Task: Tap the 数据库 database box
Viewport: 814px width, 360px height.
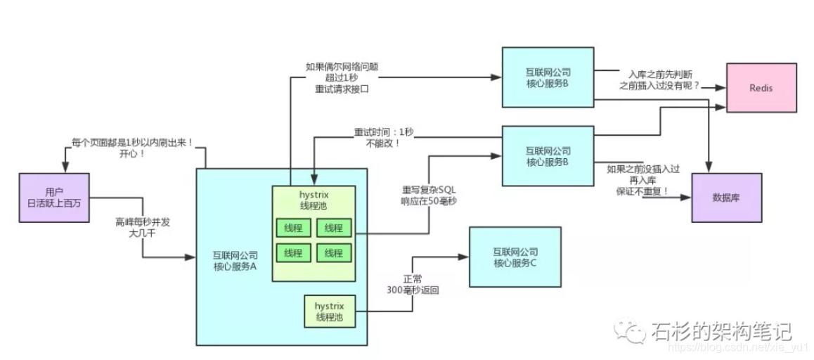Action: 727,197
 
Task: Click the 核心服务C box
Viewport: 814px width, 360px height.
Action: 515,257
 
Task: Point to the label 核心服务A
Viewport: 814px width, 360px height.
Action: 235,260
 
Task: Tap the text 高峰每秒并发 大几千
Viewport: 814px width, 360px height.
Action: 143,227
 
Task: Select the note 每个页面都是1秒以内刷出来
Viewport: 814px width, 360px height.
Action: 132,148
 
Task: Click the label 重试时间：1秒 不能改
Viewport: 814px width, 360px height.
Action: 377,136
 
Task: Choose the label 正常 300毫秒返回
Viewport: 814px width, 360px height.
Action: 413,284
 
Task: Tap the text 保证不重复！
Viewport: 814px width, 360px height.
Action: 642,191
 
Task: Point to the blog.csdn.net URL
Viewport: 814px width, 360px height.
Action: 738,348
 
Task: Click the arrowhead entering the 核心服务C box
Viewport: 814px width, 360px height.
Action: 465,257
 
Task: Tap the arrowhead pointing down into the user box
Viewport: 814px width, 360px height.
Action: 65,168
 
